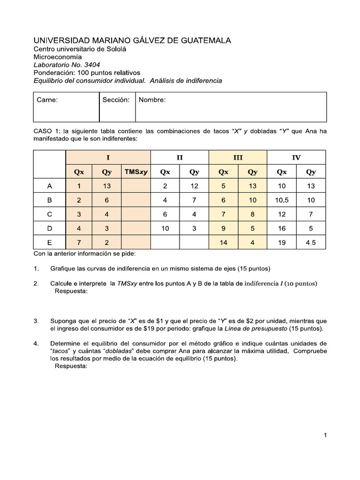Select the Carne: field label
pyautogui.click(x=47, y=100)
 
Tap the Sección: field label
pyautogui.click(x=116, y=100)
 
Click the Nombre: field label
pyautogui.click(x=152, y=100)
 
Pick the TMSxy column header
pyautogui.click(x=136, y=172)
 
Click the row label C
pyautogui.click(x=50, y=214)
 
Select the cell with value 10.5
pyautogui.click(x=281, y=200)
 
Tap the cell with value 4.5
pyautogui.click(x=311, y=242)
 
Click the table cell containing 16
pyautogui.click(x=281, y=228)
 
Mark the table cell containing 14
pyautogui.click(x=223, y=242)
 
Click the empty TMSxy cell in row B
pyautogui.click(x=136, y=200)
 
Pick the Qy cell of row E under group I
pyautogui.click(x=107, y=242)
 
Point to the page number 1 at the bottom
pyautogui.click(x=325, y=435)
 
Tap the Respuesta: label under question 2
pyautogui.click(x=71, y=291)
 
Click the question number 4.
pyautogui.click(x=36, y=344)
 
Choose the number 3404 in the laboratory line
pyautogui.click(x=91, y=65)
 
